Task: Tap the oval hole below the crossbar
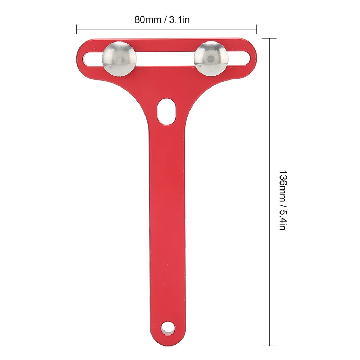coord(166,111)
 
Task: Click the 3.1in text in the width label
coord(179,20)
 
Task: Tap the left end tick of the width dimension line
coord(77,30)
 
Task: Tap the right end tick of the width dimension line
coord(256,30)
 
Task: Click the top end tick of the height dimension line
coord(270,38)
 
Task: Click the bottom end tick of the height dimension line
coord(270,346)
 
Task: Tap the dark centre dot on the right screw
coord(210,58)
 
